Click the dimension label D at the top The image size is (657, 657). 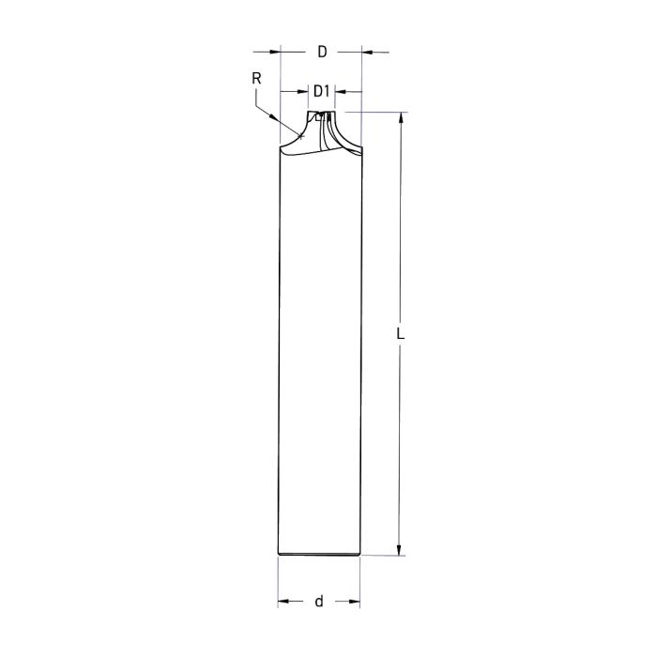tap(321, 52)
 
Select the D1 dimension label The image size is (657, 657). tap(321, 91)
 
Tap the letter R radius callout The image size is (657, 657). tap(256, 79)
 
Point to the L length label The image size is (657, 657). tap(401, 332)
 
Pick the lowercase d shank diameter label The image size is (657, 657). tap(319, 601)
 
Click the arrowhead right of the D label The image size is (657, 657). tap(367, 52)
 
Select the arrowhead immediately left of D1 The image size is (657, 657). tap(303, 92)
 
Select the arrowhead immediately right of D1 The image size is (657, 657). tap(341, 92)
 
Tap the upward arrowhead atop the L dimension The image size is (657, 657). tap(401, 119)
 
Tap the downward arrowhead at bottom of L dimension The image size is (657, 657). tap(401, 548)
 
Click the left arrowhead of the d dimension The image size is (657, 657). tap(284, 601)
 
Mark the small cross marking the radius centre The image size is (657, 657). tap(301, 136)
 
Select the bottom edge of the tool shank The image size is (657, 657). tap(320, 555)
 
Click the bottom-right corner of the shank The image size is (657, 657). tap(360, 554)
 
